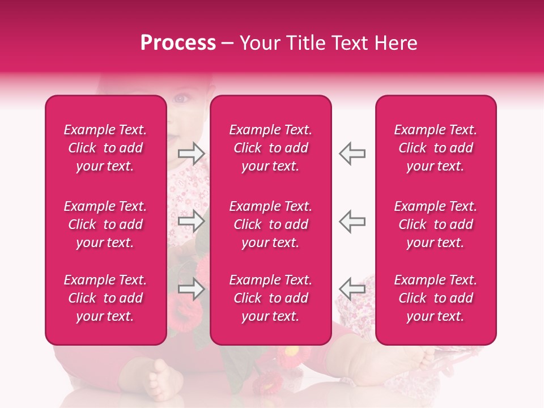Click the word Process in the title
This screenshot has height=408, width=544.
click(178, 43)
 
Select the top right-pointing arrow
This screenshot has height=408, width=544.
click(191, 153)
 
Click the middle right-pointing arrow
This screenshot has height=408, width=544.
click(191, 220)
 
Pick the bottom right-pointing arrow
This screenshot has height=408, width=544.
click(191, 288)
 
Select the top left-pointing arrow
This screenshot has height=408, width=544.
click(352, 153)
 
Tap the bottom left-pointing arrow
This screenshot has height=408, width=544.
click(352, 288)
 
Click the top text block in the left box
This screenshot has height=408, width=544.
click(105, 148)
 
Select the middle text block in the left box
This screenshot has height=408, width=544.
click(105, 224)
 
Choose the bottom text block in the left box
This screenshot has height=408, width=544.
click(105, 298)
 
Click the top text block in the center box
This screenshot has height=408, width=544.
click(270, 148)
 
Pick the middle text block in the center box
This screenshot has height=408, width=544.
click(270, 224)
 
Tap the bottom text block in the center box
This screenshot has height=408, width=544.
click(270, 298)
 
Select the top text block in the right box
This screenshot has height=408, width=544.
click(435, 148)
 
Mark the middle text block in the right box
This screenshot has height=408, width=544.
click(435, 224)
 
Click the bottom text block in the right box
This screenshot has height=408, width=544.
click(435, 298)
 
